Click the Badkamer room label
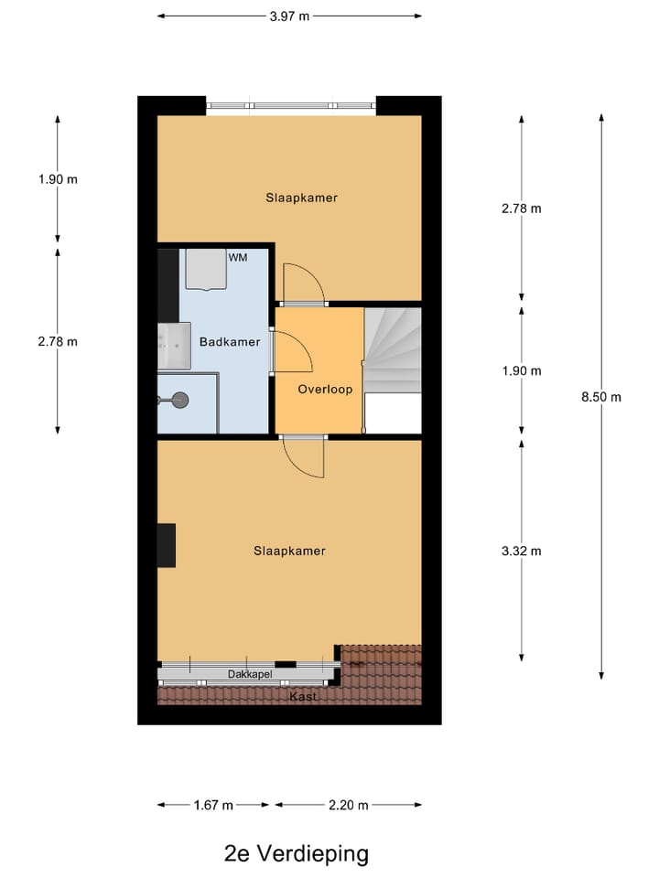[x=230, y=342]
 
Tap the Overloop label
[x=325, y=389]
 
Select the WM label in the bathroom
[x=238, y=258]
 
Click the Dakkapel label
[x=250, y=675]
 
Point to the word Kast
[x=304, y=697]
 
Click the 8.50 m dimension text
[x=602, y=397]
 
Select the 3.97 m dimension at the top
[x=289, y=16]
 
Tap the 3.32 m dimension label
[x=522, y=551]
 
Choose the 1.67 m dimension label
[x=213, y=805]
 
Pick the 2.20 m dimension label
[x=349, y=805]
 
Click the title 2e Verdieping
[x=297, y=854]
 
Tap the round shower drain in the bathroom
[x=180, y=399]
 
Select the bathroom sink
[x=173, y=346]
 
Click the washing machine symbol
[x=205, y=269]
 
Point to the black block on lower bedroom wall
[x=166, y=546]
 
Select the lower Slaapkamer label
[x=289, y=551]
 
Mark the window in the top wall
[x=291, y=106]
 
